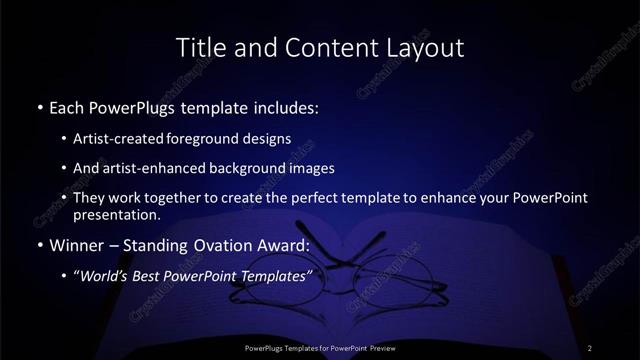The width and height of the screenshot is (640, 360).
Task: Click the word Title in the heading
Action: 199,47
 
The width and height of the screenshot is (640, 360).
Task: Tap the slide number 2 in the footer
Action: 590,347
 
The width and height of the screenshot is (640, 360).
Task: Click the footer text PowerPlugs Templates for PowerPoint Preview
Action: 320,347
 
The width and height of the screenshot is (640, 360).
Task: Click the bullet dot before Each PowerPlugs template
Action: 39,107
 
